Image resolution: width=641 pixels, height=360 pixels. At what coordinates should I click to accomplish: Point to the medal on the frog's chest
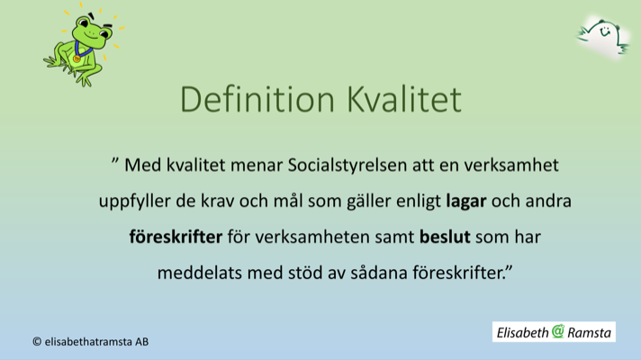pos(77,58)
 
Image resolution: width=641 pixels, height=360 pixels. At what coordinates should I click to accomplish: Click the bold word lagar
pos(465,202)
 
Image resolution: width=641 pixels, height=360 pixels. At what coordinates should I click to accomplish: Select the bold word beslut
pos(446,238)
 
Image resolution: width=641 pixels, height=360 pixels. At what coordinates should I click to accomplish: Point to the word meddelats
pos(196,274)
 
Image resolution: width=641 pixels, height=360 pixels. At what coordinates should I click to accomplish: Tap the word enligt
pos(417,202)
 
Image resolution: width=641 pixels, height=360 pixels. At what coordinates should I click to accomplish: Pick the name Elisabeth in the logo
pos(522,333)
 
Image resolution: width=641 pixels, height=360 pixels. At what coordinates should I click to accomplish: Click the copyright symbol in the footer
pos(37,342)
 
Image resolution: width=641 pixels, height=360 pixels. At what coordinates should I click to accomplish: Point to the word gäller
pos(366,202)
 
